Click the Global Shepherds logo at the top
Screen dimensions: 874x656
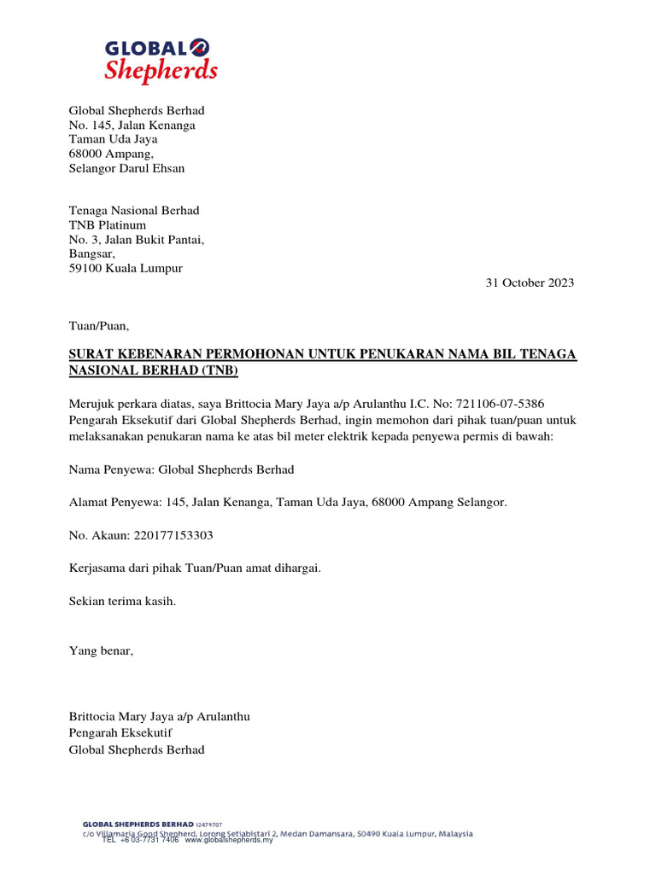tap(161, 60)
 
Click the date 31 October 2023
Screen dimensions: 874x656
tap(530, 283)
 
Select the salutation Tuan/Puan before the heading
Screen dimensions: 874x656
tap(99, 325)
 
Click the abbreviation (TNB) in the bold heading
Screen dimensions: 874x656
tap(216, 370)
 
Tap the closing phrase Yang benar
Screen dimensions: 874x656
tap(101, 651)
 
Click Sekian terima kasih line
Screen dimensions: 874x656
tap(122, 601)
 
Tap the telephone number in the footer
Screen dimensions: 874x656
tap(149, 840)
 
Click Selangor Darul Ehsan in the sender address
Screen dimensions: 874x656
tap(126, 168)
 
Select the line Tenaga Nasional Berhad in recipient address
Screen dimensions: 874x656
tap(133, 210)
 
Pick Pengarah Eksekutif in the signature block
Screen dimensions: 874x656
tap(120, 733)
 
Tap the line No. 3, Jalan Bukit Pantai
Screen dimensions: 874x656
tap(136, 240)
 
